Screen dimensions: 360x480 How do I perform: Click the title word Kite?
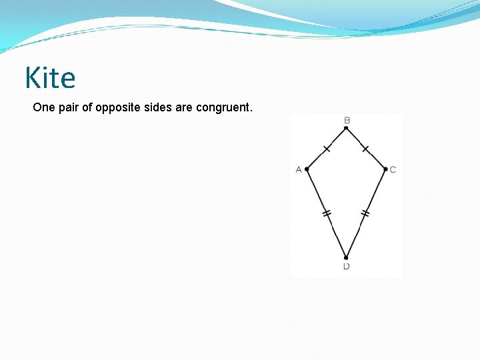(50, 78)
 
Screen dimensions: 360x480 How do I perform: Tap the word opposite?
(117, 107)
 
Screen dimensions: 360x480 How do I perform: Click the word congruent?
(224, 107)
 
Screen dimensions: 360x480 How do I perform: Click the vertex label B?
(347, 120)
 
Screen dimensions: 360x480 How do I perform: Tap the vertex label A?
(299, 169)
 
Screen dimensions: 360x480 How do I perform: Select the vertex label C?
(393, 169)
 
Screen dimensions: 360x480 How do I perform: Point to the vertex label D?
(347, 267)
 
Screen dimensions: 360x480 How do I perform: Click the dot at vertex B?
(346, 128)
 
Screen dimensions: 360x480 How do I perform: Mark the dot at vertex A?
(307, 169)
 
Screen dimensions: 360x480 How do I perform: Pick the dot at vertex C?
(385, 169)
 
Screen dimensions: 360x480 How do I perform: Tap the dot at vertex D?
(346, 257)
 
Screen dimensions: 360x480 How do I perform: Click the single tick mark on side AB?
(327, 148)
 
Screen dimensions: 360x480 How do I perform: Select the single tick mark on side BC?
(365, 148)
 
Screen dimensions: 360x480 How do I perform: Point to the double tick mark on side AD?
(327, 213)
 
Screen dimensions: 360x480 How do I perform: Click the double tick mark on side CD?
(365, 213)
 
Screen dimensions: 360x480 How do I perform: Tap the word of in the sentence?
(89, 107)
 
